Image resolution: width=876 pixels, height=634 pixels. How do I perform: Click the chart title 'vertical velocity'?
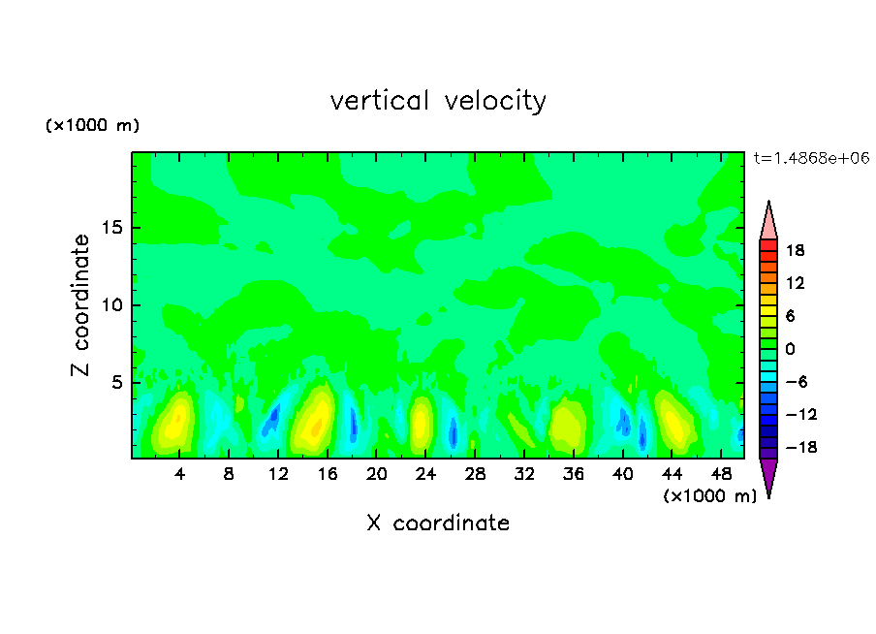point(438,101)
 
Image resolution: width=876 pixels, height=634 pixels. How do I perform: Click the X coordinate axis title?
point(438,523)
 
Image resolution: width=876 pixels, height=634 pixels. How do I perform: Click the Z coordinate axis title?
point(81,305)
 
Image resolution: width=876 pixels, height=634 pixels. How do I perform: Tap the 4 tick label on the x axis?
point(180,474)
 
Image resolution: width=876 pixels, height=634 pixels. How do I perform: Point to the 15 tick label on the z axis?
point(110,229)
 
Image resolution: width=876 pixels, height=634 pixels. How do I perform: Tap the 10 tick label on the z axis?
point(110,305)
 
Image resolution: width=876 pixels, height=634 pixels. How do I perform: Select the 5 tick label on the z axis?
point(115,383)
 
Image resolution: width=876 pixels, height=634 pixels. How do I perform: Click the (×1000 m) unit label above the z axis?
point(93,126)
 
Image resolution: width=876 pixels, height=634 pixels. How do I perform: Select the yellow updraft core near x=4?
point(175,423)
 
